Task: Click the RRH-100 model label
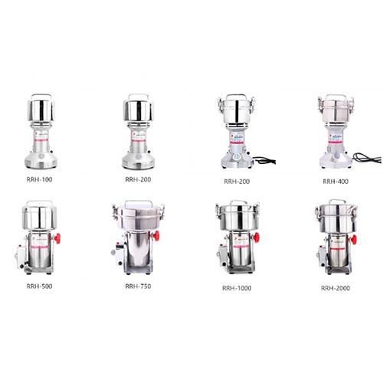coord(39,179)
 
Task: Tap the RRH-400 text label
coord(336,182)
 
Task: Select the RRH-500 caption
coord(39,286)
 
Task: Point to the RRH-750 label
coord(138,286)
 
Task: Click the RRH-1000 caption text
coord(237,288)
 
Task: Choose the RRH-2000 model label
coord(336,288)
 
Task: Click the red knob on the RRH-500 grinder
coord(57,238)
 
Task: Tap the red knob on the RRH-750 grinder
coord(155,236)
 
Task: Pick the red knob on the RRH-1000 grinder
coord(256,237)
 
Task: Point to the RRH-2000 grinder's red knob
coord(354,240)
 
